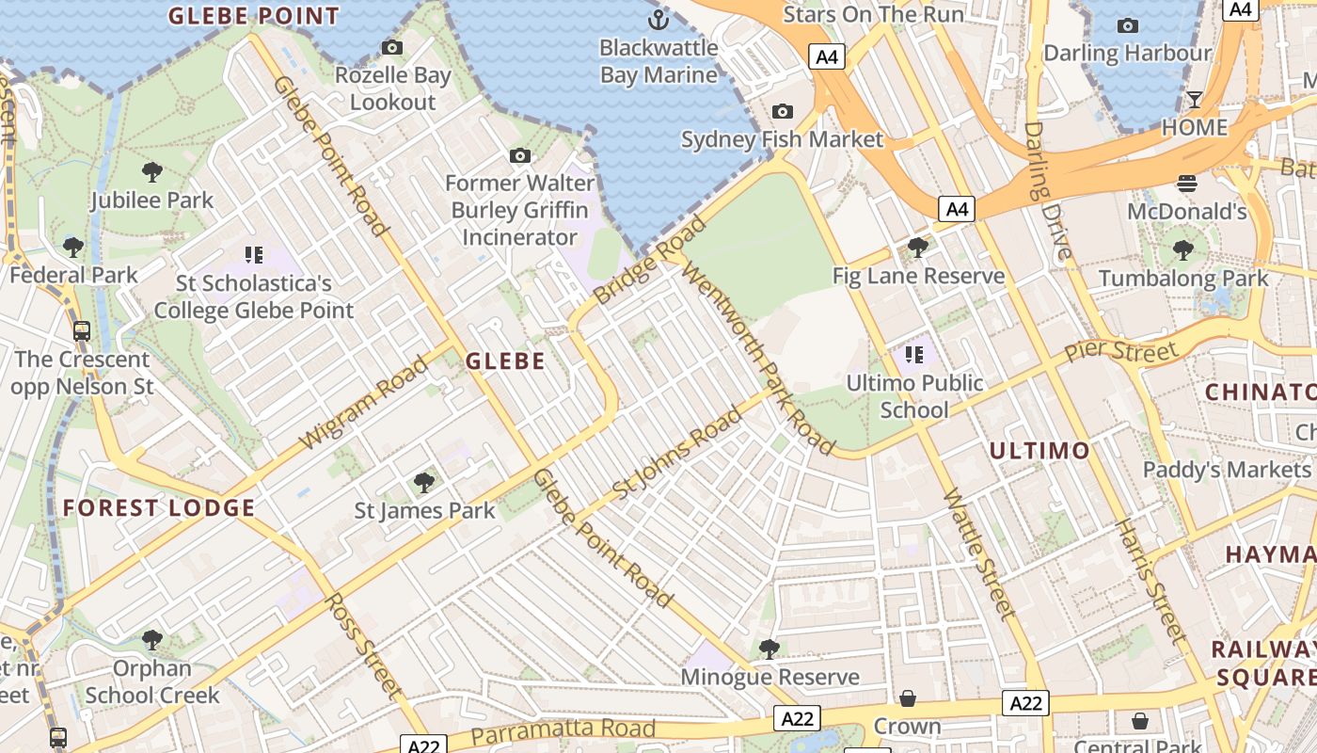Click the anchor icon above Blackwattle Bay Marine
(x=658, y=19)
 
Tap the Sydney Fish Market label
(x=782, y=140)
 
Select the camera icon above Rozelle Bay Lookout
(x=392, y=47)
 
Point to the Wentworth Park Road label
(x=757, y=358)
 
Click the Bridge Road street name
(x=650, y=261)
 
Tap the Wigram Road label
(x=364, y=403)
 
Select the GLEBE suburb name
(x=505, y=360)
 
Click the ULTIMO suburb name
(x=1039, y=450)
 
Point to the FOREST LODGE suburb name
(x=159, y=508)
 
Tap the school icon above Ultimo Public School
(x=913, y=355)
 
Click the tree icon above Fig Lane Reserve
(x=918, y=248)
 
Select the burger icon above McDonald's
(x=1186, y=183)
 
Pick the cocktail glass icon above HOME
(x=1195, y=100)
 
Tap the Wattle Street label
(x=979, y=553)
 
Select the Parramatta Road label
(x=563, y=729)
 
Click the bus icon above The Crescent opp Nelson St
(x=82, y=330)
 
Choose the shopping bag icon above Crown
(x=908, y=698)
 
